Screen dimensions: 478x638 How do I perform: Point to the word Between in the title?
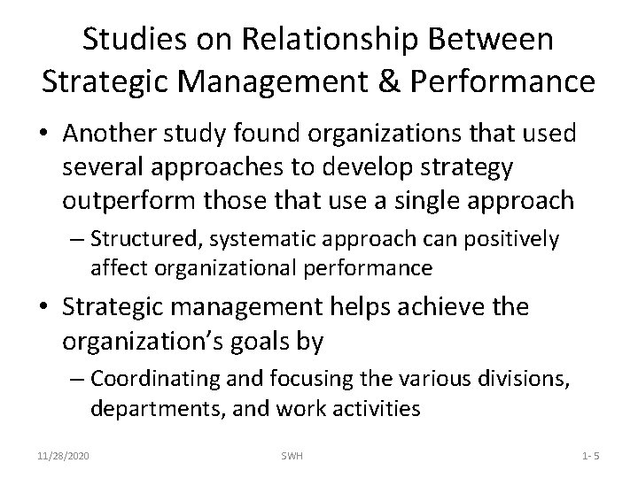point(500,40)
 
